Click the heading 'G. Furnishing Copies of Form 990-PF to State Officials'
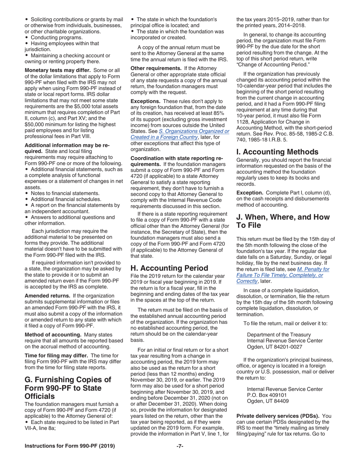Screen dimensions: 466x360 coord(68,388)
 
